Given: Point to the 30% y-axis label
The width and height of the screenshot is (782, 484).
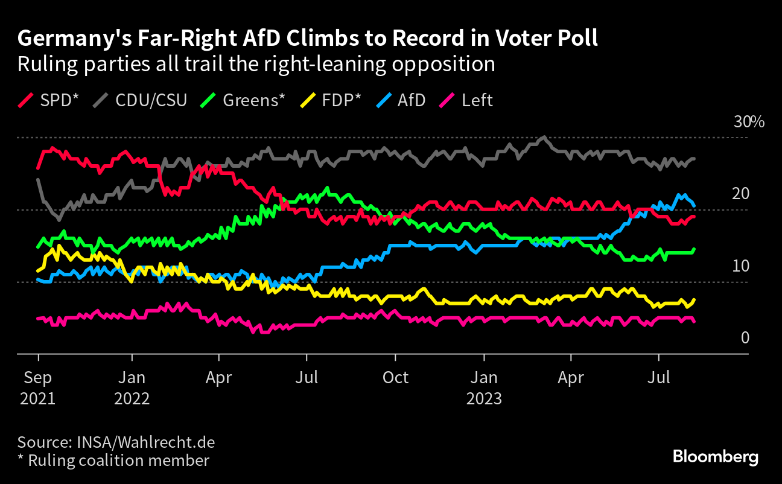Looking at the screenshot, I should [749, 122].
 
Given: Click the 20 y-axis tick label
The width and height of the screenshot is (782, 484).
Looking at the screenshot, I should [740, 194].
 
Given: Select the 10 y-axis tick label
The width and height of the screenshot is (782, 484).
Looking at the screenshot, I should [740, 266].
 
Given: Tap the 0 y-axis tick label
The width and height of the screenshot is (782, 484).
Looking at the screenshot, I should [745, 337].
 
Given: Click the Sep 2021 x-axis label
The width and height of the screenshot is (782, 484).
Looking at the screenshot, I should [37, 387].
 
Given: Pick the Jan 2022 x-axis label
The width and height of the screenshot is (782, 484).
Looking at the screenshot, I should [132, 387].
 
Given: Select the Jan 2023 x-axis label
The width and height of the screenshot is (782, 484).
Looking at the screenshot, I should [483, 387].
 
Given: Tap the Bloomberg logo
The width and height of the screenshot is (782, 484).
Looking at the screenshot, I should [716, 457].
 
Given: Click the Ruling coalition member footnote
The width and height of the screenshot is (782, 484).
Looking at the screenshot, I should [118, 460].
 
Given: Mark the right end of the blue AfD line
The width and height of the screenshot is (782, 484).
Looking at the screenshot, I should [695, 205].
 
